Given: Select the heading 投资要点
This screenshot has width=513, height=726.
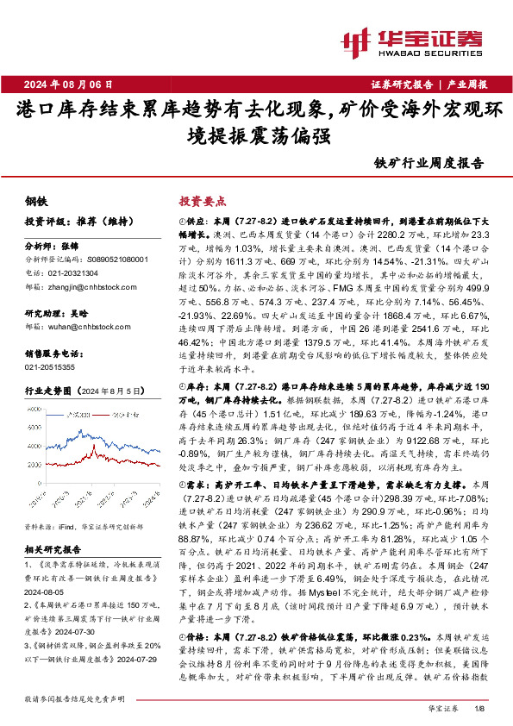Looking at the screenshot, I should (x=201, y=199).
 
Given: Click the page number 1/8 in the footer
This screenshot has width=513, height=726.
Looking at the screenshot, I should (x=480, y=709).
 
